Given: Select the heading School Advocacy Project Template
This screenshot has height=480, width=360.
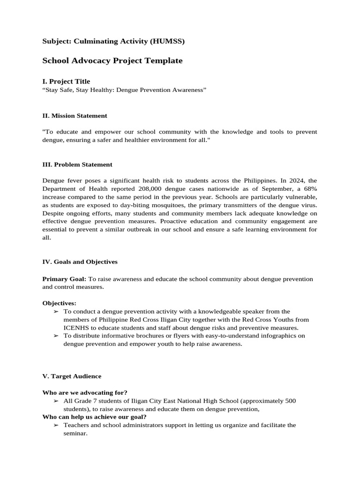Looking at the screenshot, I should [112, 61].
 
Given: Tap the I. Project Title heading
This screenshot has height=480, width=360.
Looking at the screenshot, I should [66, 82].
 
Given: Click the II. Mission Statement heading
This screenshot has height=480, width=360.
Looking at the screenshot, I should [75, 116].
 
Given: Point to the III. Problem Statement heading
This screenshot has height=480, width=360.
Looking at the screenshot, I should [77, 165].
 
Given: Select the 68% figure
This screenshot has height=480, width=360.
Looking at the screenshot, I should [308, 189].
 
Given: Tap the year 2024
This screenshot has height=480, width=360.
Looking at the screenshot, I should [297, 180].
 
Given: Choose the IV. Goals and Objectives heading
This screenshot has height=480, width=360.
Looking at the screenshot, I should [80, 262].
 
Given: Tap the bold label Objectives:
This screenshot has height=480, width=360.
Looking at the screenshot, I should [59, 303].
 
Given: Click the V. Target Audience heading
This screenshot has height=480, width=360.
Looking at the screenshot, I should [72, 376].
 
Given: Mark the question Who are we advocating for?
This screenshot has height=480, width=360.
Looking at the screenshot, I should [85, 392].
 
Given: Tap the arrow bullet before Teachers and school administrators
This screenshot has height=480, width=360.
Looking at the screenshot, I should [56, 425].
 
